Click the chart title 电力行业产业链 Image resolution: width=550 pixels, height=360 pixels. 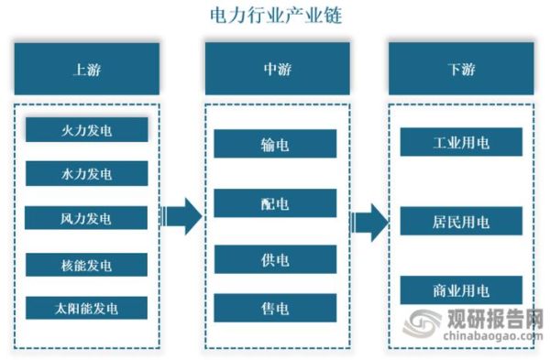[x=275, y=16]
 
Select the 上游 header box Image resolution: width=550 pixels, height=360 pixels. [x=87, y=68]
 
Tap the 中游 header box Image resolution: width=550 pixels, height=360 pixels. [x=275, y=68]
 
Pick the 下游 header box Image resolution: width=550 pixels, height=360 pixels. [x=461, y=68]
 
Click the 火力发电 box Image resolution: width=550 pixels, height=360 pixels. [x=86, y=130]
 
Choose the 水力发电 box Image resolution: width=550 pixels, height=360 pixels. [x=86, y=173]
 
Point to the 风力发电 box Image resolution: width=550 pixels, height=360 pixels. [x=86, y=218]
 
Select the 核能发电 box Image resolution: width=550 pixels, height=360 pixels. [x=86, y=265]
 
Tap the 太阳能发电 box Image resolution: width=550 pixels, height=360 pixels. [x=86, y=308]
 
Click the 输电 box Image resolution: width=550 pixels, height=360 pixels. [x=275, y=144]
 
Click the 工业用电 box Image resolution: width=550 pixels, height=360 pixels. [x=461, y=142]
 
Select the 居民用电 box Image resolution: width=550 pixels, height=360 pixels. [x=461, y=221]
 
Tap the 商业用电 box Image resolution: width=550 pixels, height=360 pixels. [x=461, y=290]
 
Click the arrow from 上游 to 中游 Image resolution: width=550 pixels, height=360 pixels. [x=183, y=217]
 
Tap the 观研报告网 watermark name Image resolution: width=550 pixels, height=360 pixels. [x=496, y=322]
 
